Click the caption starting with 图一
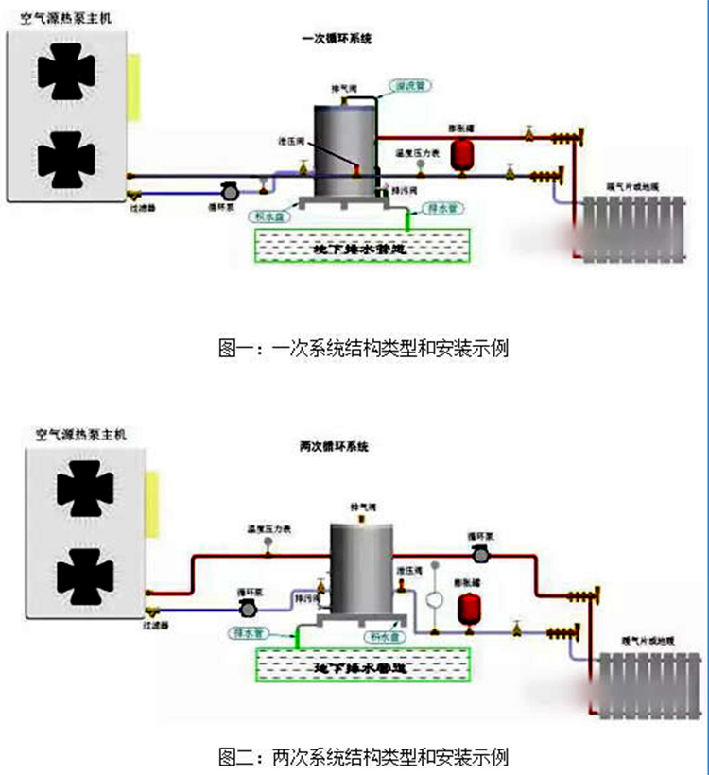[x=364, y=348]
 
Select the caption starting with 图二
[x=364, y=756]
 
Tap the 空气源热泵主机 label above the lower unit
[x=79, y=436]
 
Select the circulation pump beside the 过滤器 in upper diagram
[x=227, y=191]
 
